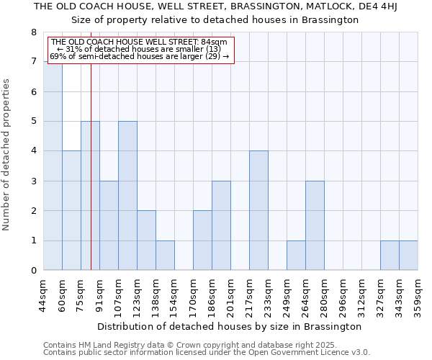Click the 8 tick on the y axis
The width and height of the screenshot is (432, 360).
tap(33, 32)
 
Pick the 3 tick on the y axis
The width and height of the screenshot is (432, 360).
tap(33, 181)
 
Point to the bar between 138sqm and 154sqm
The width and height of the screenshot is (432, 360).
tap(165, 256)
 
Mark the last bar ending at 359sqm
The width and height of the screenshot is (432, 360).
tap(408, 256)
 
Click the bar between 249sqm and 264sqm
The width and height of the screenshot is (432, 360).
tap(296, 256)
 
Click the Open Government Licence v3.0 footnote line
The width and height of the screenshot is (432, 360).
tap(206, 353)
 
